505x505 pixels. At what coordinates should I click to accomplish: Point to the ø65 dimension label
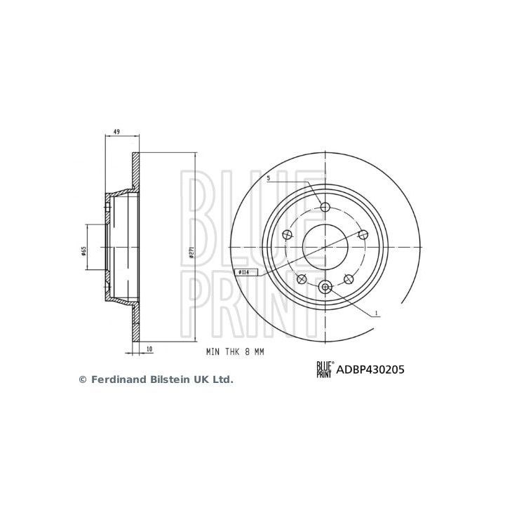pos(83,250)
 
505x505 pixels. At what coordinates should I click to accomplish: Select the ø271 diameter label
pos(191,254)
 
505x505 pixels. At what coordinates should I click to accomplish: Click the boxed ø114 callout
pos(243,271)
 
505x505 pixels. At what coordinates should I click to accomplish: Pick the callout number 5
pos(269,179)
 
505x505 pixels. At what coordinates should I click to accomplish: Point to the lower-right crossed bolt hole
pos(349,279)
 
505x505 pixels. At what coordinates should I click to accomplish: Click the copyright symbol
pos(82,379)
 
